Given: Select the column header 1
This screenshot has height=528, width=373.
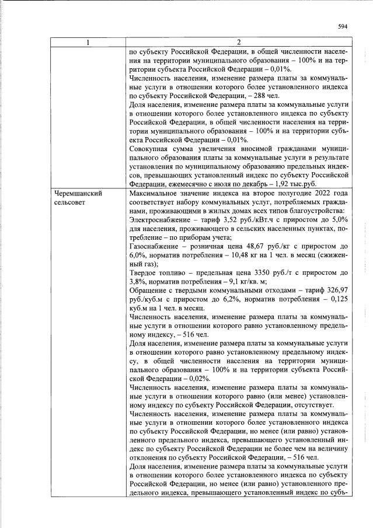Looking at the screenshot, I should (88, 42).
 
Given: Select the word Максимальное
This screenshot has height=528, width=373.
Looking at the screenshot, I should (154, 193).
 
